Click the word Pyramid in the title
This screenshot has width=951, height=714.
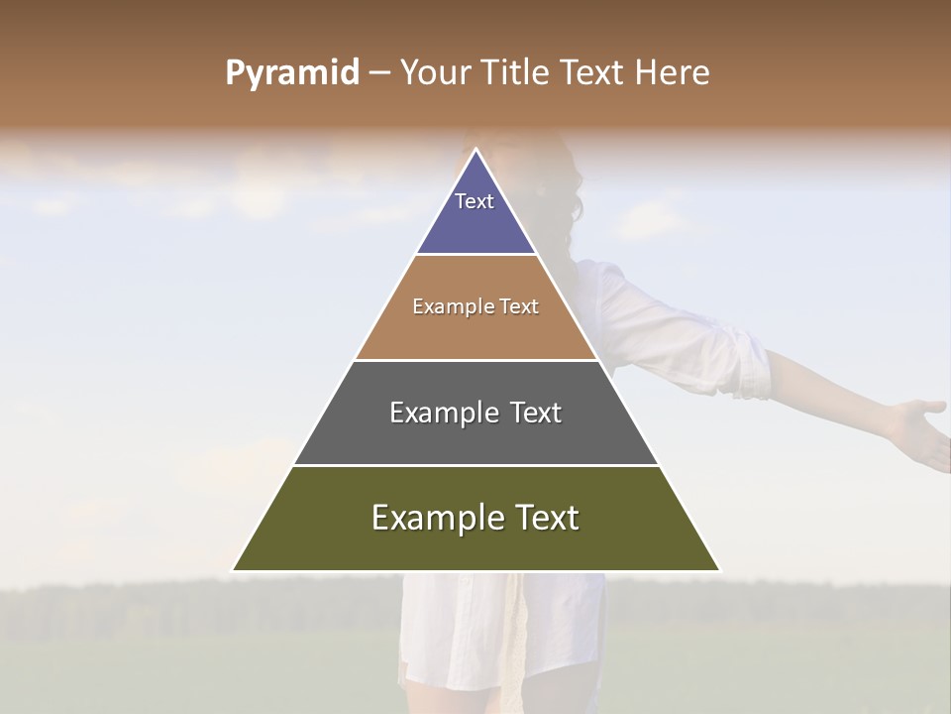pos(292,73)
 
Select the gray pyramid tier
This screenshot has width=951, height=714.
pos(475,426)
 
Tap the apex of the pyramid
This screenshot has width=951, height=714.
pos(476,151)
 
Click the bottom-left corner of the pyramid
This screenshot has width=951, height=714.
pos(235,569)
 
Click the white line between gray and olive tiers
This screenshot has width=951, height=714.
pos(475,465)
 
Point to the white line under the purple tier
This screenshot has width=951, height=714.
pos(475,255)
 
